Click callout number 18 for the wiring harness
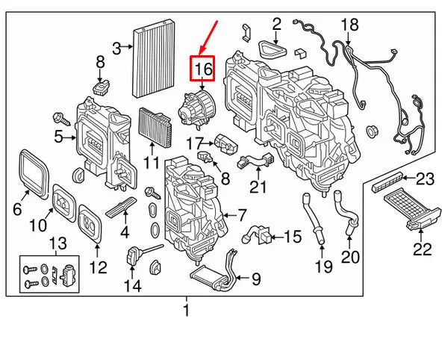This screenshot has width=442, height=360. click(x=349, y=25)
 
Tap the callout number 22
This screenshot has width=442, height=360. click(x=423, y=249)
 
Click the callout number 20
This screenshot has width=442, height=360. click(x=350, y=257)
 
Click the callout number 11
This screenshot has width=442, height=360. click(x=152, y=163)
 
